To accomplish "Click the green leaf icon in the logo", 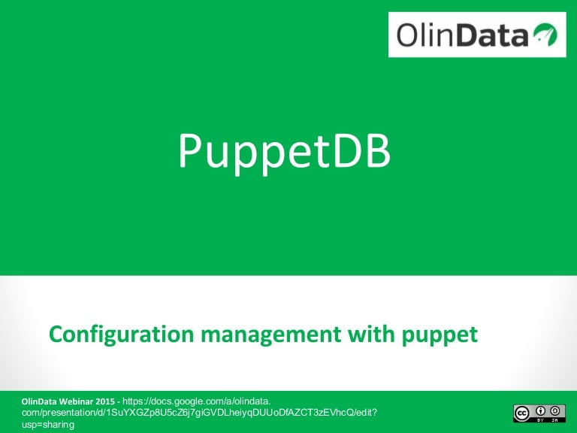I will pos(544,34).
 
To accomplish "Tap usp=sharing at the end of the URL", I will pos(48,425).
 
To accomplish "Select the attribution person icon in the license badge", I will pos(539,410).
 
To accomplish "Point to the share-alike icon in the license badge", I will pos(556,410).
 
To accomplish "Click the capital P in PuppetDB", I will pos(191,150).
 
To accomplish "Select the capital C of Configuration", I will pos(56,334).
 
